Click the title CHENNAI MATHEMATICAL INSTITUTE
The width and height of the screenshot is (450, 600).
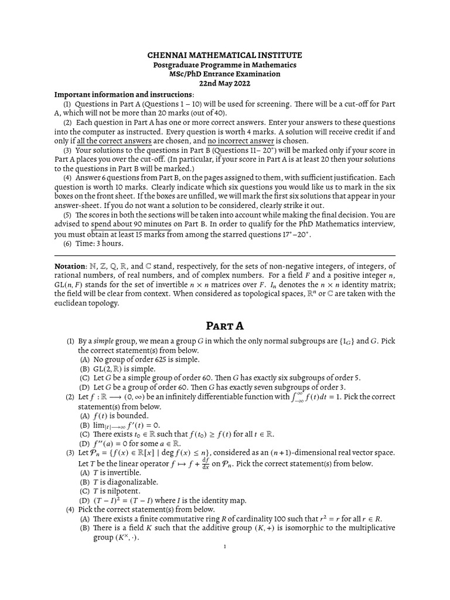(x=224, y=54)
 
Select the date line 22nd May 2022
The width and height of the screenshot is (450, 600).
(x=224, y=83)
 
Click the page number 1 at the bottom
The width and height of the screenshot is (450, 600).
(x=224, y=547)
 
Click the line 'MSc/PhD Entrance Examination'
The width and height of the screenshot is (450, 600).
(x=224, y=74)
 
